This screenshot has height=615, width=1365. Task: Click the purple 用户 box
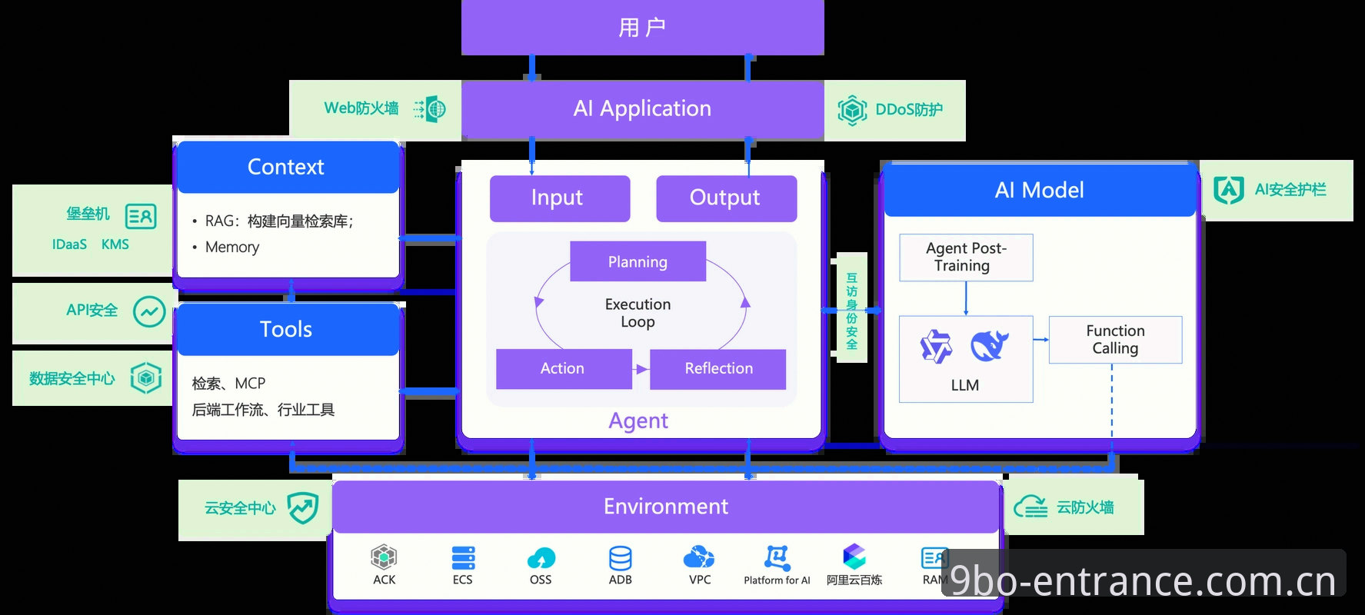click(642, 28)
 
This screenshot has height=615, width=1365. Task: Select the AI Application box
click(642, 109)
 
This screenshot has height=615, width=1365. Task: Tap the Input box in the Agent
click(560, 198)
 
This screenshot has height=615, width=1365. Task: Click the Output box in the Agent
click(726, 198)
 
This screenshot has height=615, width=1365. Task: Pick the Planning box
click(638, 261)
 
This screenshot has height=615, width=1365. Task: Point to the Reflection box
click(718, 369)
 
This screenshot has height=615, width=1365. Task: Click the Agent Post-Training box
click(966, 258)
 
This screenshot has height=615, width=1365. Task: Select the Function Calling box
click(1115, 340)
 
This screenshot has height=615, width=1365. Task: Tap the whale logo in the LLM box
click(989, 346)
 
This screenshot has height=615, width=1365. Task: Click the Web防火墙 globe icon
click(431, 109)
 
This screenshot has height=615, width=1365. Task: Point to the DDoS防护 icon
click(852, 111)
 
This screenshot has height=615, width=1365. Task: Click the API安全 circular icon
click(149, 311)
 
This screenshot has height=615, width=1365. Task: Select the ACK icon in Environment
click(384, 557)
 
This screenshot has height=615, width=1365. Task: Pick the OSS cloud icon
click(541, 558)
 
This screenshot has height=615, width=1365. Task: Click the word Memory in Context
click(232, 248)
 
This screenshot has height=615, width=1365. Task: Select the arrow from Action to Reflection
click(641, 369)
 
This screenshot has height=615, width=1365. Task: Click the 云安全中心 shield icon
click(302, 508)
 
